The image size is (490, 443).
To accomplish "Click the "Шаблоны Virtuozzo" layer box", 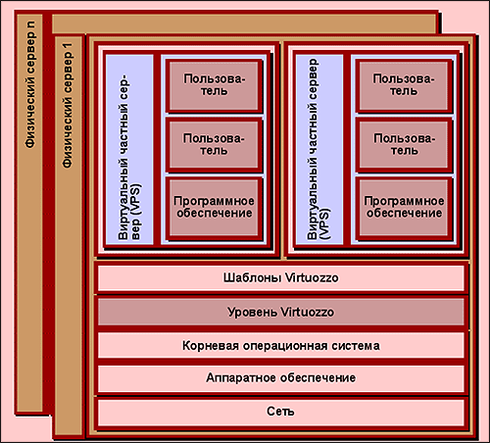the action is tap(281, 277).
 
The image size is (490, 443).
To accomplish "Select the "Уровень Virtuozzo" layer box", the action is tap(281, 312).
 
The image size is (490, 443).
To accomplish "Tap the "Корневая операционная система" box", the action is tap(281, 345).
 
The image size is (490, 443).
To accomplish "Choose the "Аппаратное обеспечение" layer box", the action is tap(281, 378).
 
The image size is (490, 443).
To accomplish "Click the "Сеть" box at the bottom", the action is tap(281, 412).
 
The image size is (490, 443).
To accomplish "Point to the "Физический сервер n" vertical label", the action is tap(30, 84).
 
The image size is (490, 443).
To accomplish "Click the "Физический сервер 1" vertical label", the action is tap(68, 105).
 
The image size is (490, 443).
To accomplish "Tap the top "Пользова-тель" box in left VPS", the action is tap(214, 85).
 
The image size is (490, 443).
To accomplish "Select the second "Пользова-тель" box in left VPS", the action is tap(214, 144).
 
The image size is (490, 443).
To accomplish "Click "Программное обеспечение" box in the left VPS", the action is tap(214, 207).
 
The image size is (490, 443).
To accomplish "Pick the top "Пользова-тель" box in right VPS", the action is tap(404, 85).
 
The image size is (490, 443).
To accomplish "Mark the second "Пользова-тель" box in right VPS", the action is tap(404, 144).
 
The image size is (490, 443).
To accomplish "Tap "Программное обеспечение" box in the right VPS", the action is tap(404, 207).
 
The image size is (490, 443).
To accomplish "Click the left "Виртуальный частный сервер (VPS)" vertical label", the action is tap(129, 158).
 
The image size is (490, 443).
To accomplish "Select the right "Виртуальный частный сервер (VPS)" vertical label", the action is tap(318, 150).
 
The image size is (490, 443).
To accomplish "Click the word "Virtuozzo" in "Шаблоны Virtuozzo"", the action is tap(312, 277).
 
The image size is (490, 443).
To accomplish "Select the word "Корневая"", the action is tap(211, 346).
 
